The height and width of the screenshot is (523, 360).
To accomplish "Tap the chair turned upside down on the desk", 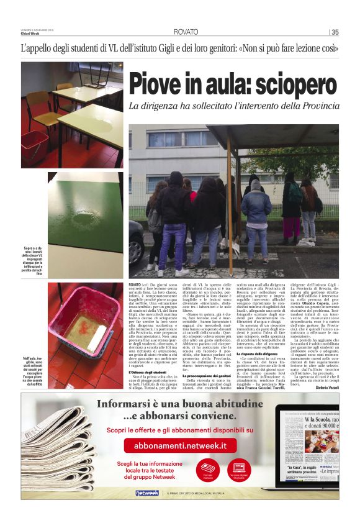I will [x=93, y=75].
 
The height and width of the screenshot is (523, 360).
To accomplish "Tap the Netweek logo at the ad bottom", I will [x=147, y=493].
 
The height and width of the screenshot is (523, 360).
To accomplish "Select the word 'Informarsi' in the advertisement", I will [x=124, y=404].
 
